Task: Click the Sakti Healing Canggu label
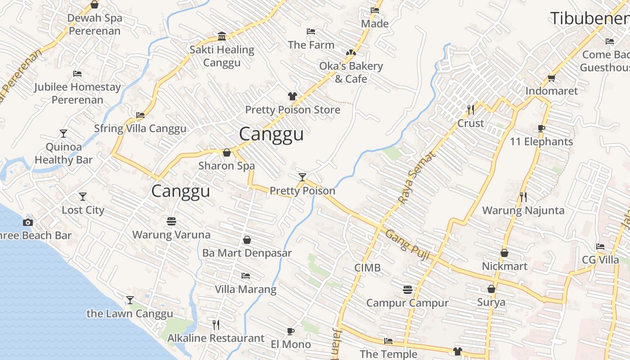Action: point(221,56)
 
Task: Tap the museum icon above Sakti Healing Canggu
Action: point(221,36)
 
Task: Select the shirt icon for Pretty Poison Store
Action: point(292,96)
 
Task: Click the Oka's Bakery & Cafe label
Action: point(351,72)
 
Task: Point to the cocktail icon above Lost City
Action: point(83,197)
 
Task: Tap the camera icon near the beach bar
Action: point(28,222)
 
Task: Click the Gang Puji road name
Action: point(408,246)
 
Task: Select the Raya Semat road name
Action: point(417,177)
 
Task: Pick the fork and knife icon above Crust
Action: point(471,109)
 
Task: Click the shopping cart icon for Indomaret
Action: point(552,77)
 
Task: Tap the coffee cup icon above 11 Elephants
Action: point(541,128)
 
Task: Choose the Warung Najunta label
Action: point(523,210)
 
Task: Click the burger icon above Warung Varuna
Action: point(171,221)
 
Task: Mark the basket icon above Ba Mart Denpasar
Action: point(247,240)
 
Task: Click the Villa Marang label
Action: point(245,289)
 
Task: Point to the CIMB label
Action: point(367,268)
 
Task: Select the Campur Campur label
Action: point(407,303)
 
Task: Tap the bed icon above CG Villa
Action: point(600,247)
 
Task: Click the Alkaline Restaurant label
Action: point(216,338)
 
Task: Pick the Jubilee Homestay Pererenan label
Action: point(77,93)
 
